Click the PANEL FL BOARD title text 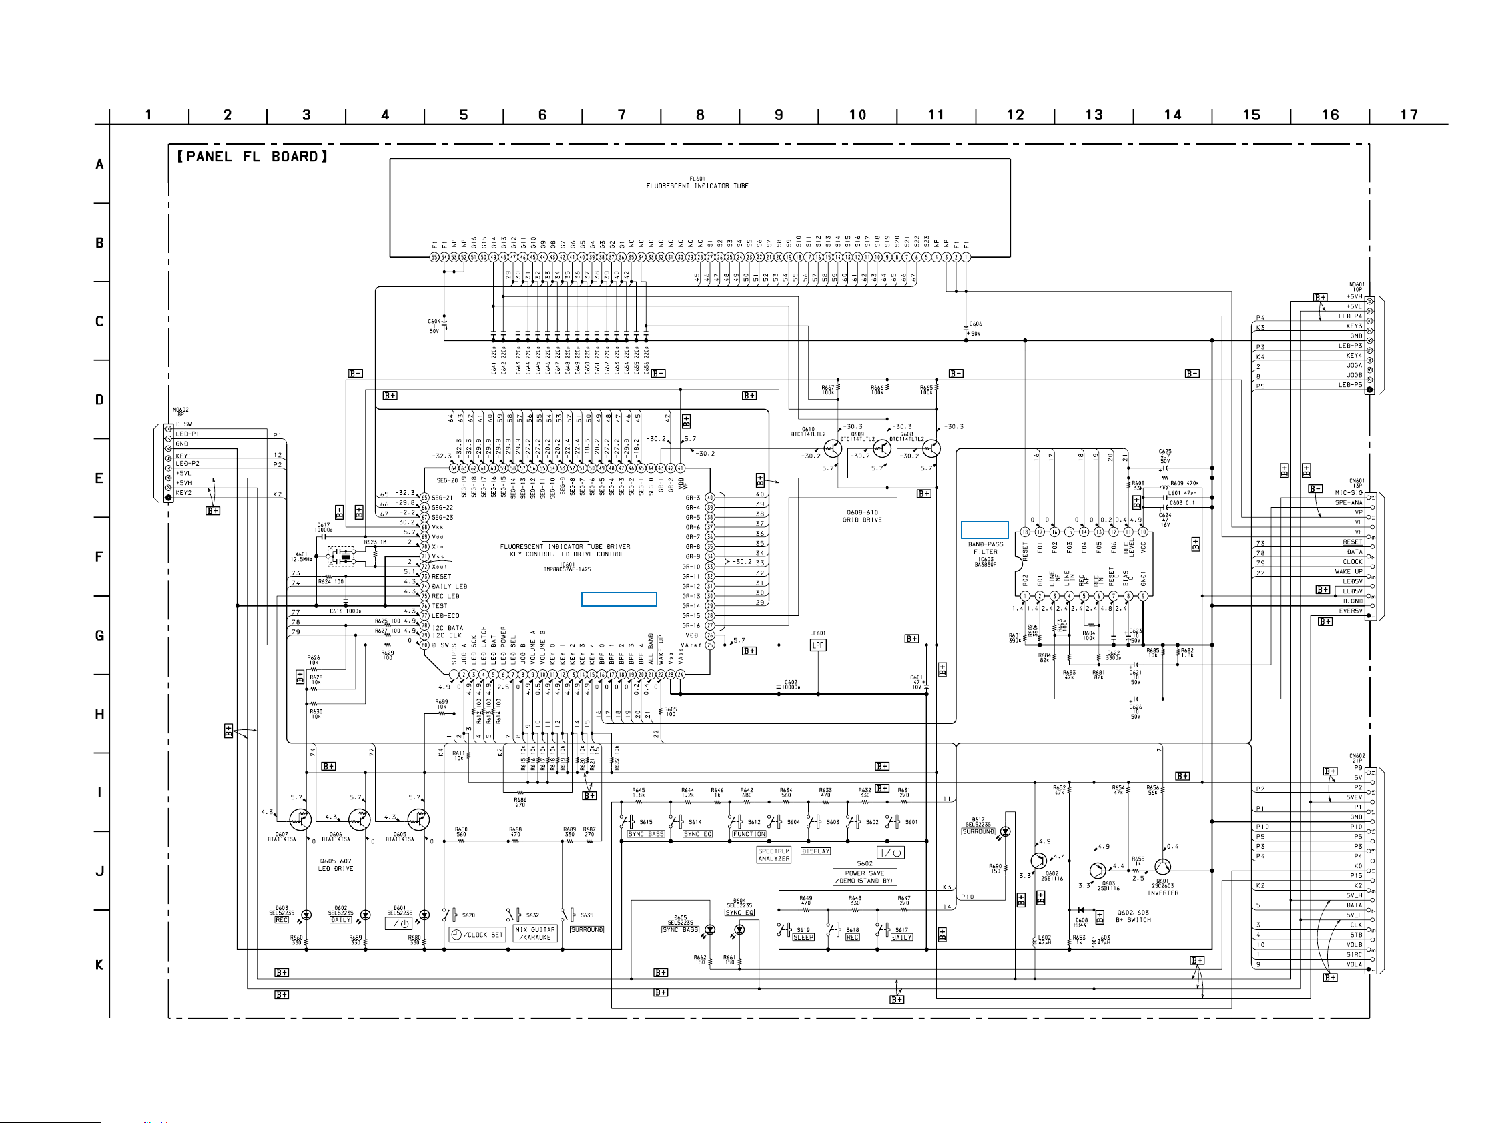pos(252,157)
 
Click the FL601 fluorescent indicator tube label pos(697,183)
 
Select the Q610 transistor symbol pos(833,448)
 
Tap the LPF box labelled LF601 pos(818,645)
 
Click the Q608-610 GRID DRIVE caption pos(862,516)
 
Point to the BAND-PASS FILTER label pos(986,548)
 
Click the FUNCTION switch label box pos(749,834)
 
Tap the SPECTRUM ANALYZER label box pos(774,855)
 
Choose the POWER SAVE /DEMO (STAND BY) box pos(865,877)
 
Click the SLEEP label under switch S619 pos(803,938)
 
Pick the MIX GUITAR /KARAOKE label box pos(535,933)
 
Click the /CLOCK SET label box pos(477,935)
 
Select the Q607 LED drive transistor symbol pos(299,820)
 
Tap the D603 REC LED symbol pos(306,915)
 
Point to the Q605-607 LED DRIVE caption pos(336,865)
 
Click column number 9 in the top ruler pos(779,115)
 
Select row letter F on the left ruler pos(99,557)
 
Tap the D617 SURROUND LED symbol pos(1005,832)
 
